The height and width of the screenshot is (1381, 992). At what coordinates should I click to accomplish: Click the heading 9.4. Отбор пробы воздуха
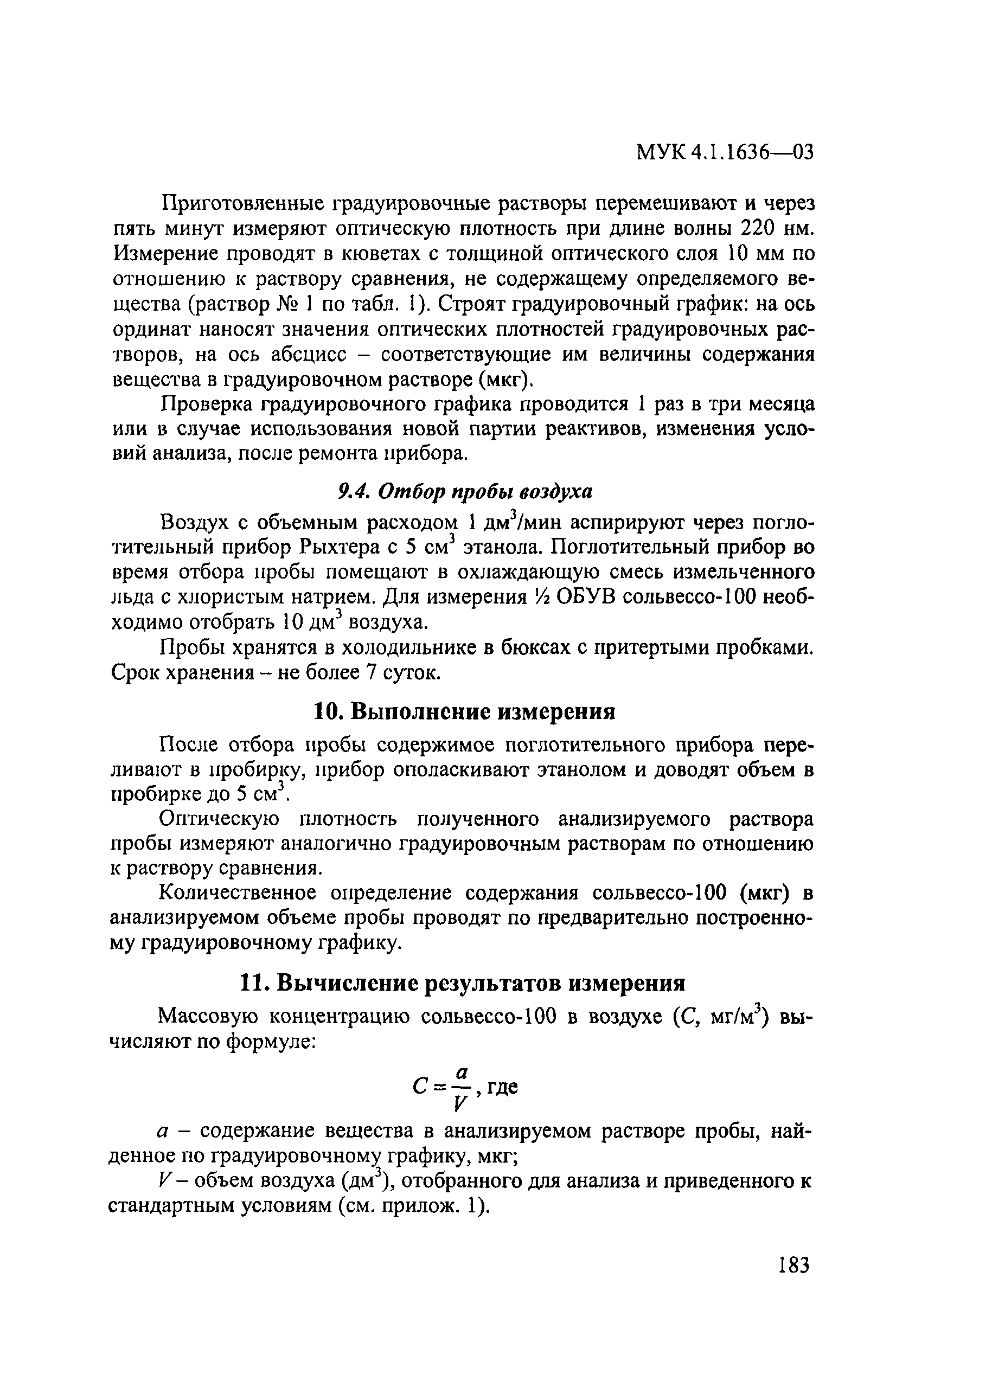click(465, 491)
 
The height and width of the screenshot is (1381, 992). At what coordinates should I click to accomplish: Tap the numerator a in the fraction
click(462, 1072)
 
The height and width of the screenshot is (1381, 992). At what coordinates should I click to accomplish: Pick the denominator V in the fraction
click(461, 1103)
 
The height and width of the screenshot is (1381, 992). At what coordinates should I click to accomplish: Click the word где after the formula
click(502, 1087)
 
